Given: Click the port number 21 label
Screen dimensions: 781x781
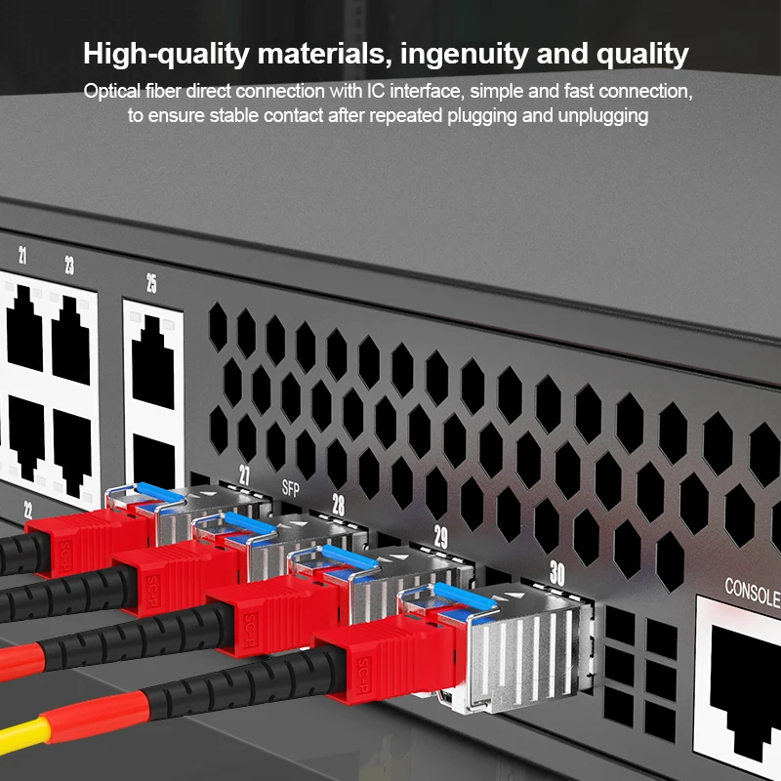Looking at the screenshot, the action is coord(22,257).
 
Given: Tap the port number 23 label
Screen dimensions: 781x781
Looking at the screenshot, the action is coord(69,265).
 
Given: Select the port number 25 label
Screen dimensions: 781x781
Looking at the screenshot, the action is coord(151,283).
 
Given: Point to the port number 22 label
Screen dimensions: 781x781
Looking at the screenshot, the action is coord(27,509).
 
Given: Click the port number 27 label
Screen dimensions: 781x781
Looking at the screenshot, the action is coord(245,475).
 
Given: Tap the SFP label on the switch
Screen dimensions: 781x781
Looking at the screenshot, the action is coord(290,487).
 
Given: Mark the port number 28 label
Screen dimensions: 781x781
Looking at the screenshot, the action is coord(339,504).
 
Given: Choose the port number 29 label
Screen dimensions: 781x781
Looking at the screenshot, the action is coord(441,536).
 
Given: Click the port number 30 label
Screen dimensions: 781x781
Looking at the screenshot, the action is coord(556,574).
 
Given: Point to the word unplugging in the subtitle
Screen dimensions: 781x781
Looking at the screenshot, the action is coord(602,116).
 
